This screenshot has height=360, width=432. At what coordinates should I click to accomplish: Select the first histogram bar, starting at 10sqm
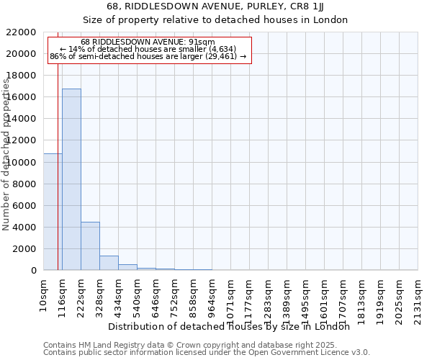[x=53, y=212]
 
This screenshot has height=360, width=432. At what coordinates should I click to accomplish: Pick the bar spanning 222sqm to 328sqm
[x=90, y=246]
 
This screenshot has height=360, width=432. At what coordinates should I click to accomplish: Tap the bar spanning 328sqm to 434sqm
[x=109, y=263]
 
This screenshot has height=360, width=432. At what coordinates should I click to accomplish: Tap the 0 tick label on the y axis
[x=34, y=270]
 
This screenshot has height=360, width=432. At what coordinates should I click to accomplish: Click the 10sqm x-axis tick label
[x=44, y=294]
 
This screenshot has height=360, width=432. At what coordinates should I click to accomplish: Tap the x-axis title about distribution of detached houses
[x=233, y=327]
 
